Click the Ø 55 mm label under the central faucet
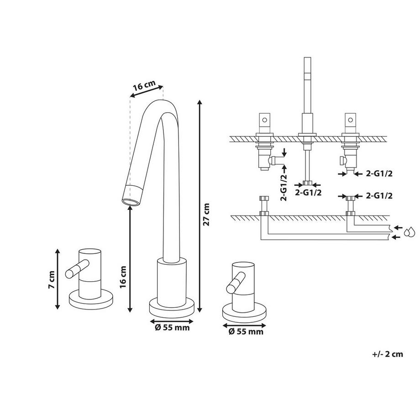pos(171,327)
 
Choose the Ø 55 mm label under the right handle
pos(245,332)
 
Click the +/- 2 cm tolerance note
pos(388,354)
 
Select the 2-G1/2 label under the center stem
pos(309,193)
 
